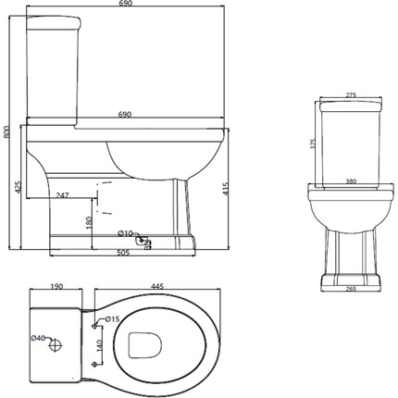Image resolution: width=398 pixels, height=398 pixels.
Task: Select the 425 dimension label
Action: [19, 187]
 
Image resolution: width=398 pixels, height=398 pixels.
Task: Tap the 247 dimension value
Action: [62, 195]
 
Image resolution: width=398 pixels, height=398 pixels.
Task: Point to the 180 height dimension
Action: [89, 222]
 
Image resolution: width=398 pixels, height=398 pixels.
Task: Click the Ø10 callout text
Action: [125, 233]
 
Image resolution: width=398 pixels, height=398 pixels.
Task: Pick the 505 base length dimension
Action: [123, 253]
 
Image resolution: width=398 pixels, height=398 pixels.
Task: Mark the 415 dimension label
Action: [226, 189]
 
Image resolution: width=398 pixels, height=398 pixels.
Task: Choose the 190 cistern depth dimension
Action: [56, 286]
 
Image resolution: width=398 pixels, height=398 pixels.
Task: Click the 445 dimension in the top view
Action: [157, 286]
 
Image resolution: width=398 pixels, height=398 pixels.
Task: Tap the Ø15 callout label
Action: [112, 319]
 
